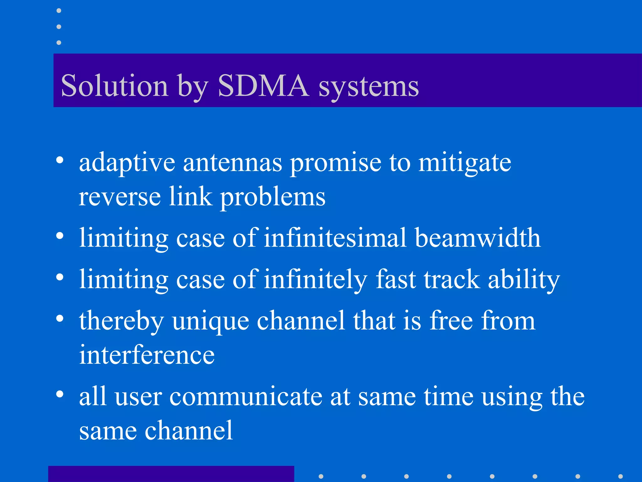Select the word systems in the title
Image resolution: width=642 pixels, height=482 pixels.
point(369,87)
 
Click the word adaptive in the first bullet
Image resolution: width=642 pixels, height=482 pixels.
point(127,163)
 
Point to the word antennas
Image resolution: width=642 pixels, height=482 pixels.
point(232,163)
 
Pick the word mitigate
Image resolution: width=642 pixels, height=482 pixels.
point(465,164)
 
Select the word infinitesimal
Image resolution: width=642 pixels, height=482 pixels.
point(335,238)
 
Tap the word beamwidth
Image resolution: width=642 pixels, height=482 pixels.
point(477,238)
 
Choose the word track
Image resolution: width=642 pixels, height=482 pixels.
point(452,279)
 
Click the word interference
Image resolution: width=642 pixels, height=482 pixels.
point(147,355)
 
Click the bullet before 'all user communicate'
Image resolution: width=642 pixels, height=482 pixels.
point(60,394)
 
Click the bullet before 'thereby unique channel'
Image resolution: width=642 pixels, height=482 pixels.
point(60,318)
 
